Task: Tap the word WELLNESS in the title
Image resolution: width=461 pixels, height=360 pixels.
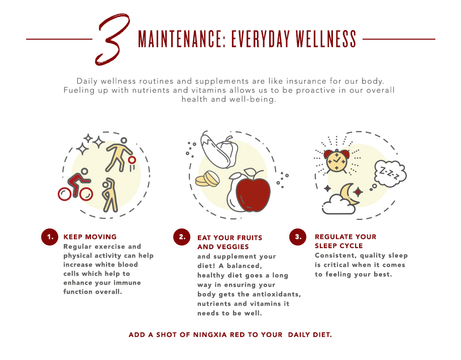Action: pos(326,39)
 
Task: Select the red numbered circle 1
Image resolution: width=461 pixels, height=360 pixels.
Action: pos(50,237)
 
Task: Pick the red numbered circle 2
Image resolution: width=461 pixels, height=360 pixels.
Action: pos(182,237)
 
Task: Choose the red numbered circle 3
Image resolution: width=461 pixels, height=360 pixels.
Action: pos(298,237)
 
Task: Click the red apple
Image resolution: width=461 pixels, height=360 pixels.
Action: pos(253,194)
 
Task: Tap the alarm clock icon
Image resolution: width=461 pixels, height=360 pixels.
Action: pos(336,161)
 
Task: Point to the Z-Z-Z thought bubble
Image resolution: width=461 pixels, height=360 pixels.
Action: pos(390,174)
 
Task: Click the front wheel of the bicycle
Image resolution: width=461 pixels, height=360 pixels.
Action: pos(86,194)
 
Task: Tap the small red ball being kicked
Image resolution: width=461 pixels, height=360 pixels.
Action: pos(132,160)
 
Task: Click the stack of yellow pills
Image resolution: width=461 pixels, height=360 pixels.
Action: pos(207,179)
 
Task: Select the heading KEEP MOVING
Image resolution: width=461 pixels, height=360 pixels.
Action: pos(90,237)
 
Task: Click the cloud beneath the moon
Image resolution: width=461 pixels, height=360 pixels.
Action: pos(338,205)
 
